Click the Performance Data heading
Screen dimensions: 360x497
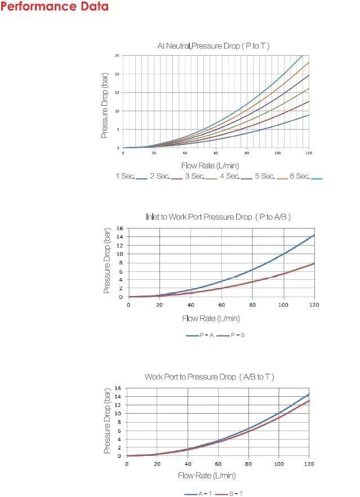pos(54,6)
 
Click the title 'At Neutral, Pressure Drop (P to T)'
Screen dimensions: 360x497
pos(214,46)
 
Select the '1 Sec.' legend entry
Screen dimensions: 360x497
pos(131,176)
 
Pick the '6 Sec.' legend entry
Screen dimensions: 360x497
pos(306,176)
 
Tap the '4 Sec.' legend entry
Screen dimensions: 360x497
pos(236,176)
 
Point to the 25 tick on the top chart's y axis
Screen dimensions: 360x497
pos(117,56)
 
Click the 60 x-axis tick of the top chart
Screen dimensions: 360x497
pos(216,153)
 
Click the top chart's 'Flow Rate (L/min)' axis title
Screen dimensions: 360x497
pos(210,165)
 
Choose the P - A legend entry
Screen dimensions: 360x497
pos(200,335)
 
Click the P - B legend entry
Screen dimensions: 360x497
pos(230,335)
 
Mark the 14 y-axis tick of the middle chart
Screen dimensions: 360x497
pos(119,237)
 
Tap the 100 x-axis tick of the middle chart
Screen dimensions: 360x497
pos(283,305)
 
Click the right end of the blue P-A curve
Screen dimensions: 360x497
pos(314,235)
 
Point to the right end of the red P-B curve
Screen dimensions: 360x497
pos(314,263)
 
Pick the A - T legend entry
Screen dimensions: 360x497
pos(198,494)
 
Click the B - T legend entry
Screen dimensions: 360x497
pos(229,494)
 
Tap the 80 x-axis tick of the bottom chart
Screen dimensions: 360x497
pos(248,464)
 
